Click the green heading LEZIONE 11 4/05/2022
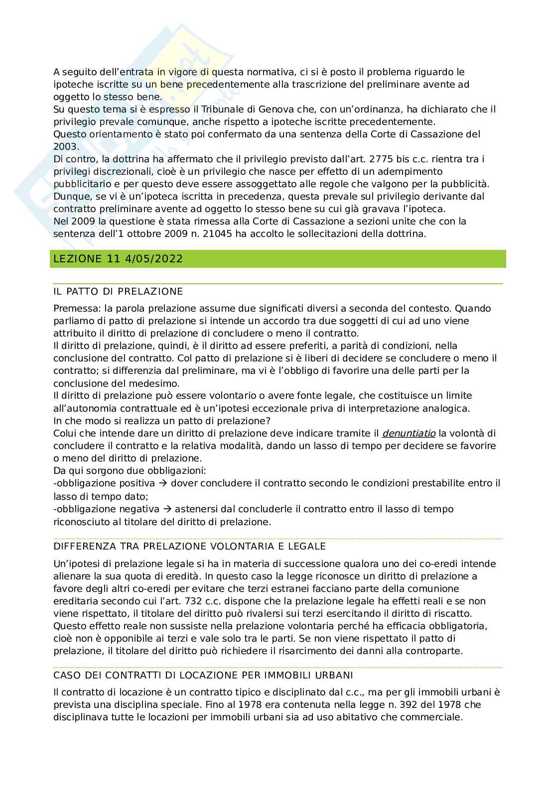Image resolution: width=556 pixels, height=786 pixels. pyautogui.click(x=118, y=259)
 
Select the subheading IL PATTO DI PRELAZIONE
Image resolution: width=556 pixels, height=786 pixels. pyautogui.click(x=118, y=291)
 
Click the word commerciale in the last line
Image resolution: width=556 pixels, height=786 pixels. pyautogui.click(x=436, y=717)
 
